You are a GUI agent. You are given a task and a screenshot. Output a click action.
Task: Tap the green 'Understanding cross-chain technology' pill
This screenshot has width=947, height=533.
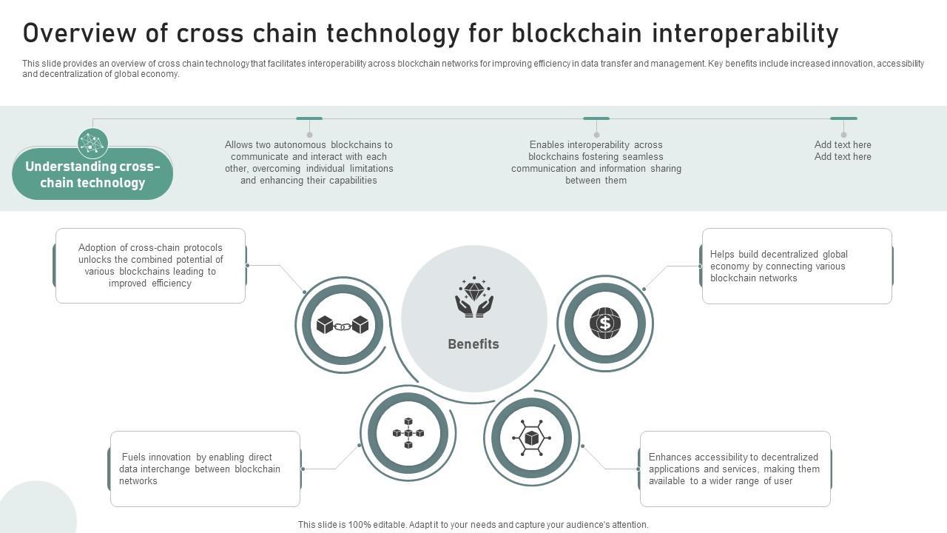(x=92, y=175)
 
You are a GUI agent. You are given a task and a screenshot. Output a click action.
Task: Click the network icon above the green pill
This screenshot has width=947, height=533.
(x=92, y=143)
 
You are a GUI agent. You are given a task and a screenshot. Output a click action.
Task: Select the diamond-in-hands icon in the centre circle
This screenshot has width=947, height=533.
(x=474, y=298)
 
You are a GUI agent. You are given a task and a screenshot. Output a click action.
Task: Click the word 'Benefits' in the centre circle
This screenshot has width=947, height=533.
(x=473, y=344)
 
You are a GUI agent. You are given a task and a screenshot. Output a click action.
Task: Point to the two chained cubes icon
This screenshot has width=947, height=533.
(x=342, y=325)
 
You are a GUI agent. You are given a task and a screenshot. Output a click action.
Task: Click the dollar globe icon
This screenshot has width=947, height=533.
(x=605, y=324)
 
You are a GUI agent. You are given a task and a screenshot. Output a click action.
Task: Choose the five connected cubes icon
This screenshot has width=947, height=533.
(x=408, y=433)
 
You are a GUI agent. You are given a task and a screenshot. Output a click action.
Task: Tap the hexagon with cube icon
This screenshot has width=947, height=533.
(x=532, y=438)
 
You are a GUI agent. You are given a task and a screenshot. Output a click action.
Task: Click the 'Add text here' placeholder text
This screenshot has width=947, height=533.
(x=843, y=151)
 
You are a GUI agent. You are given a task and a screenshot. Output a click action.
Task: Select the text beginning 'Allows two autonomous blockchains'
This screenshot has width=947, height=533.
(x=309, y=163)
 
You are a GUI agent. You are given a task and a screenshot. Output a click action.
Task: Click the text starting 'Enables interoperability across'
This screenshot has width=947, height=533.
(x=596, y=163)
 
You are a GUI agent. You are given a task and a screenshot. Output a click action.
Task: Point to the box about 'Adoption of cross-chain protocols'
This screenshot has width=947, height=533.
(x=150, y=266)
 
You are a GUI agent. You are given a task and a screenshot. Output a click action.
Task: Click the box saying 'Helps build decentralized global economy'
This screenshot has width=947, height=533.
(x=797, y=266)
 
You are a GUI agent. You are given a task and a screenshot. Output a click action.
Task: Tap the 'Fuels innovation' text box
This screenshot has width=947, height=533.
(x=205, y=469)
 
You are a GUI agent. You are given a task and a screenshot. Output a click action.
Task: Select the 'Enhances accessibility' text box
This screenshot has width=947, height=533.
(x=735, y=469)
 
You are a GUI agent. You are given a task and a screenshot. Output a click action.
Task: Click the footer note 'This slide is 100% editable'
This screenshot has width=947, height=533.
(x=473, y=525)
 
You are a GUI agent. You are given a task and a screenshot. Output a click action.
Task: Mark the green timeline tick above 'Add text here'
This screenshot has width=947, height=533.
(x=843, y=118)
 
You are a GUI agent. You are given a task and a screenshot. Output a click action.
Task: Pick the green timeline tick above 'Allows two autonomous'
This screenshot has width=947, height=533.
(x=309, y=118)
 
